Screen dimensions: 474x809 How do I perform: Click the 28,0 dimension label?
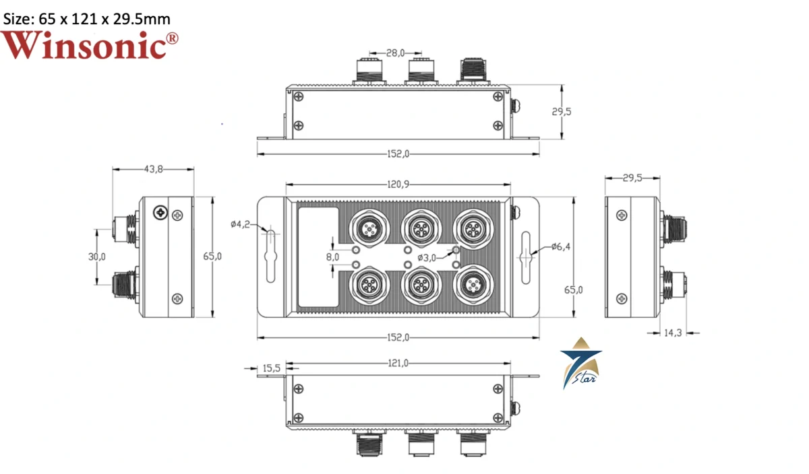tap(395, 51)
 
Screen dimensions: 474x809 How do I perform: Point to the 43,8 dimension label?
tap(153, 169)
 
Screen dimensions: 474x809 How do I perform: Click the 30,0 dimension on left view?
tap(97, 257)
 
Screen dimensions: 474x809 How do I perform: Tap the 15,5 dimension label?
tap(271, 368)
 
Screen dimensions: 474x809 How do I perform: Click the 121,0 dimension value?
tap(398, 364)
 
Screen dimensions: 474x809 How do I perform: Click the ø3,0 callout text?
tap(427, 258)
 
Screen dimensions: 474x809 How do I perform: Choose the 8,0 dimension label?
tap(332, 257)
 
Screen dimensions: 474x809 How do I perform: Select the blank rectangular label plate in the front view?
tap(318, 257)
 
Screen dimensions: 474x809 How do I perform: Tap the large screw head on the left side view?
tap(161, 212)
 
